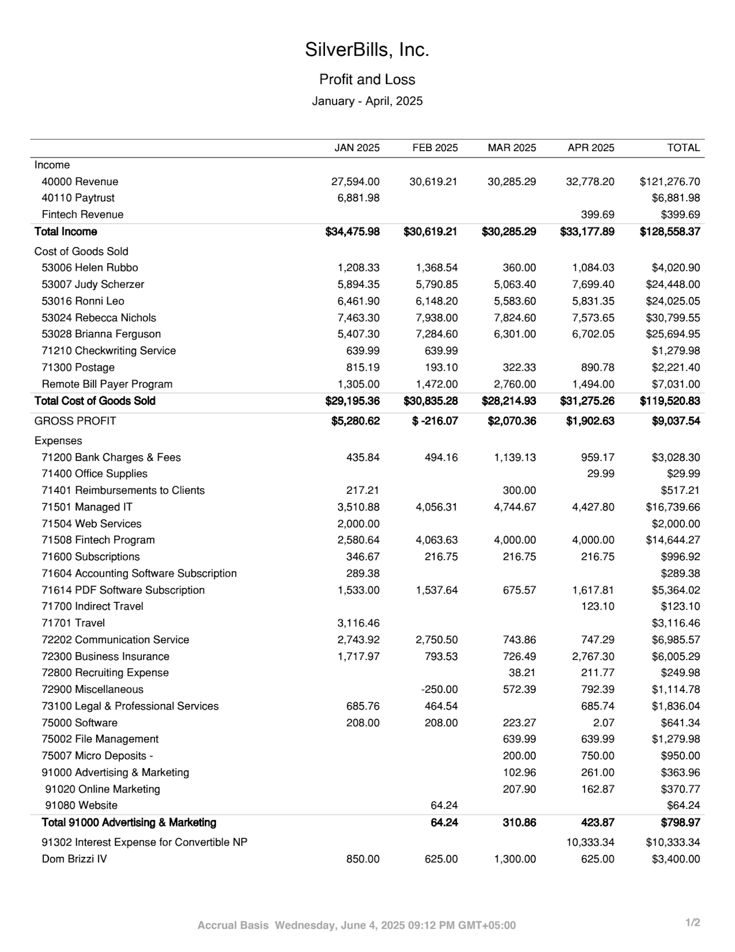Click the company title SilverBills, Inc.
tap(367, 50)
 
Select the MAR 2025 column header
tap(512, 148)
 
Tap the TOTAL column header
tap(683, 148)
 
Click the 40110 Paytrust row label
tap(78, 198)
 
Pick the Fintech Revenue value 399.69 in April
tap(597, 214)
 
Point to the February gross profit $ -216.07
tap(435, 421)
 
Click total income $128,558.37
tap(670, 232)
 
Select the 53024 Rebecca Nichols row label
tap(99, 318)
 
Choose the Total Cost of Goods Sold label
tap(95, 401)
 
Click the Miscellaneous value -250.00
tap(439, 689)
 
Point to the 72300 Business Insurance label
tap(105, 656)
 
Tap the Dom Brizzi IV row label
tap(74, 859)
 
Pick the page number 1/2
tap(692, 923)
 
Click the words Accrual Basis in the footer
tap(233, 925)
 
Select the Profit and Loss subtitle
tap(367, 79)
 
